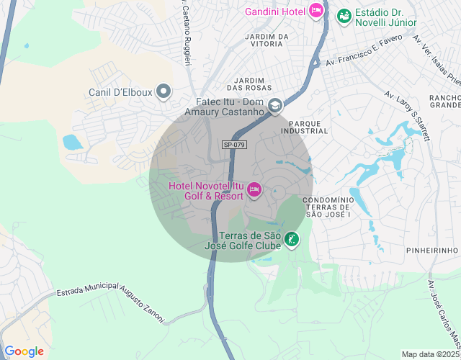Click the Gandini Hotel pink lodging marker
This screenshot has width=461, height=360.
(x=315, y=11)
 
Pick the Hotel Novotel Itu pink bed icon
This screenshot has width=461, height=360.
(x=254, y=190)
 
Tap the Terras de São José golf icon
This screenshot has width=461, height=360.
(x=292, y=240)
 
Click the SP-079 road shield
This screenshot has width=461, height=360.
(x=235, y=145)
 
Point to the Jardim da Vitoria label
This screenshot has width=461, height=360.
(x=267, y=40)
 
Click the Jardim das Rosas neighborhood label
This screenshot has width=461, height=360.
(x=257, y=84)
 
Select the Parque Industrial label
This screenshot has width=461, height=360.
(x=308, y=127)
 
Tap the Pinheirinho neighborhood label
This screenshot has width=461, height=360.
(x=432, y=250)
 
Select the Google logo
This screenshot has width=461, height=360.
(x=24, y=351)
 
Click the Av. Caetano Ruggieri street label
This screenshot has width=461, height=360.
(x=184, y=32)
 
